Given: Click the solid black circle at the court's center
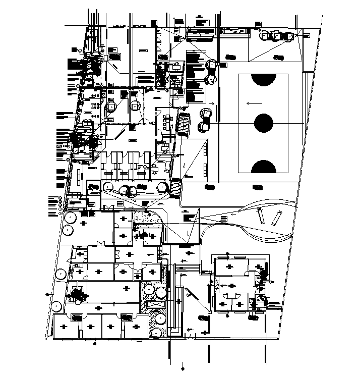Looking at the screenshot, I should click(x=263, y=123).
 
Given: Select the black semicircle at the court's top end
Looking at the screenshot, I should click(x=263, y=80).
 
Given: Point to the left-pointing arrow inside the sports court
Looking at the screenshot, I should click(x=254, y=103).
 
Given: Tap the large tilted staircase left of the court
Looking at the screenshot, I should click(x=184, y=125).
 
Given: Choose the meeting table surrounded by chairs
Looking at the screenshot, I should click(x=167, y=123).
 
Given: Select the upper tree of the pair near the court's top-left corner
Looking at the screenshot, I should click(x=211, y=65).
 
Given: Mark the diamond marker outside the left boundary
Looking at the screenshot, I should click(x=48, y=294).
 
